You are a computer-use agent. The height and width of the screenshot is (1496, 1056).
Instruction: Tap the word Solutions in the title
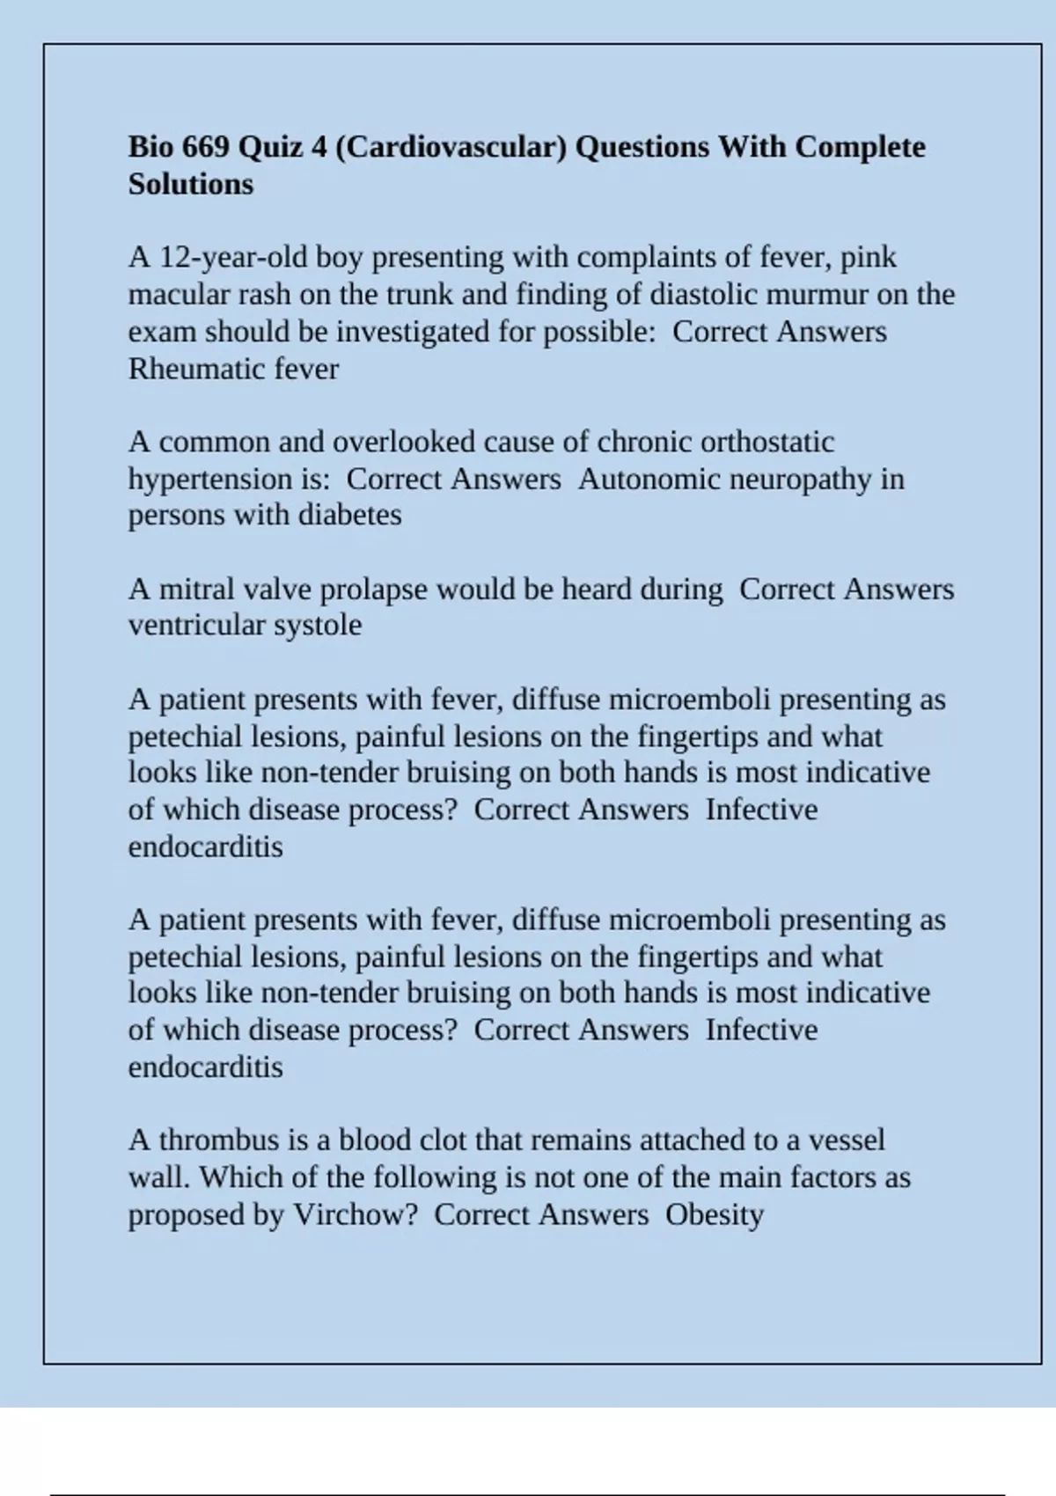[x=191, y=184]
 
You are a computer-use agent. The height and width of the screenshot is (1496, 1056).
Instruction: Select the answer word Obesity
[x=714, y=1214]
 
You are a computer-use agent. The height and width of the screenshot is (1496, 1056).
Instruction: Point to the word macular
[x=179, y=294]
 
